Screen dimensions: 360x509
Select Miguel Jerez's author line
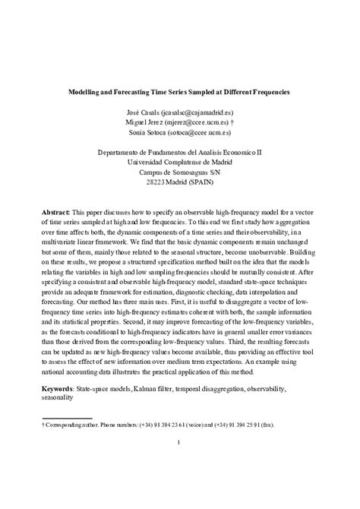180,121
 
